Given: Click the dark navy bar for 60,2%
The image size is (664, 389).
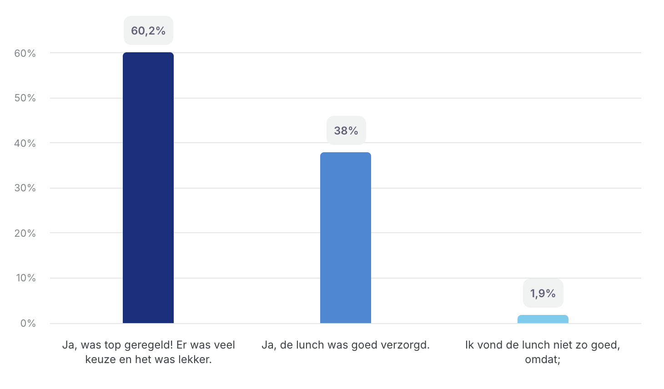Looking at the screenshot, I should point(148,188).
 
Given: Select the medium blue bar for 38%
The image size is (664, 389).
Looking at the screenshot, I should point(346,238).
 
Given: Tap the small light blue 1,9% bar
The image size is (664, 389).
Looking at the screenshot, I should point(543,319).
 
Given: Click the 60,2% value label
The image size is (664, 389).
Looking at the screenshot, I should point(148,31).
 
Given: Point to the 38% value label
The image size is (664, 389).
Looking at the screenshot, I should point(346,131).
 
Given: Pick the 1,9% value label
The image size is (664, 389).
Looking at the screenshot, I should point(543,294).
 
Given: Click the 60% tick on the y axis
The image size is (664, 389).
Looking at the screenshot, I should point(25,54).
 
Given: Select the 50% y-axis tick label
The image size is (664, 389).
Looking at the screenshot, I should point(25,98).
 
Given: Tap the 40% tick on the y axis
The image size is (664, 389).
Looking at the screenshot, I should point(25,144).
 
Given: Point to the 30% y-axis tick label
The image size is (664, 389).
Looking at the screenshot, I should point(25,188).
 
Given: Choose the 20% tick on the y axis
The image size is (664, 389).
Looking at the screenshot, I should point(25,233).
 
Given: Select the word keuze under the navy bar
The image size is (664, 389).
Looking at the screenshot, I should point(98,359).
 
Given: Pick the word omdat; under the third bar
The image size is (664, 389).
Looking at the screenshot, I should point(543,359).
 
